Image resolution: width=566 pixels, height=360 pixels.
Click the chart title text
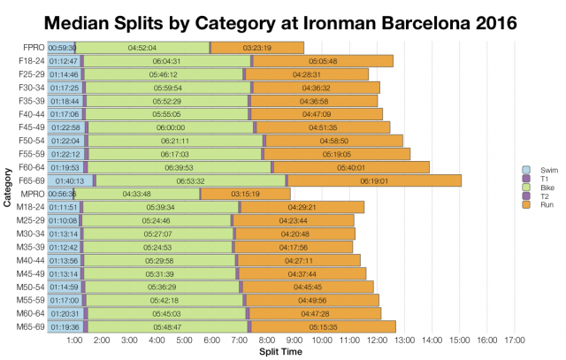[x=283, y=19]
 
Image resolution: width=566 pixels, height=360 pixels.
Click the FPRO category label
[x=32, y=47]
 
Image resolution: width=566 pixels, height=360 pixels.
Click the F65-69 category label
[x=31, y=180]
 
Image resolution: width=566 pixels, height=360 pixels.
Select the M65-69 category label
[x=31, y=326]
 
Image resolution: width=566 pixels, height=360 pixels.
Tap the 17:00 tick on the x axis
[x=514, y=341]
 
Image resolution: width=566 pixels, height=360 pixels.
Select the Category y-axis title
[x=8, y=188]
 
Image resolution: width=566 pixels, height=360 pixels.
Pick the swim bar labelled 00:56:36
[x=61, y=194]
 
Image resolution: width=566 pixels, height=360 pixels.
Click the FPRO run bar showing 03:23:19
[x=257, y=47]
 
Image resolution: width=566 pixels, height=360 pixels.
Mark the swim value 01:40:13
[x=70, y=180]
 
